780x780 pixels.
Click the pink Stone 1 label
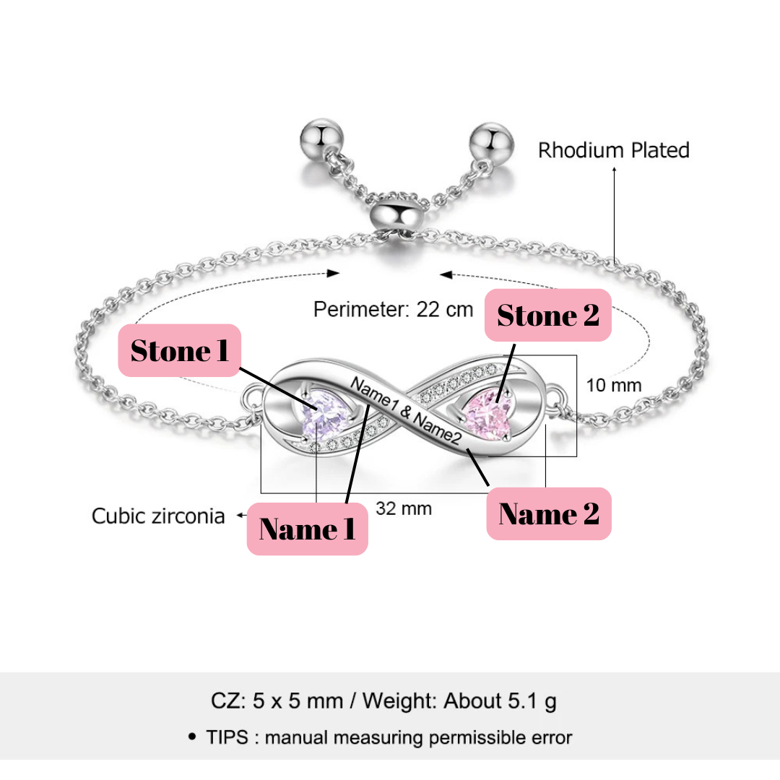[179, 350]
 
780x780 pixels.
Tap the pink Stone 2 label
[548, 316]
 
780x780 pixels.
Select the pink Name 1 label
[308, 529]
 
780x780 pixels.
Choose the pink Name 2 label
[549, 513]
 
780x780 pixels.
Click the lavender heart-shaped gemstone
[318, 417]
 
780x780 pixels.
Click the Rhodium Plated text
[614, 150]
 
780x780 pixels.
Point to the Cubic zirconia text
[158, 516]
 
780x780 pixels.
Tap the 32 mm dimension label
[404, 509]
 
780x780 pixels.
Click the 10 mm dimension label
[613, 385]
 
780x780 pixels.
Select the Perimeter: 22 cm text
[393, 310]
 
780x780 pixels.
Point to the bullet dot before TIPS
[191, 737]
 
